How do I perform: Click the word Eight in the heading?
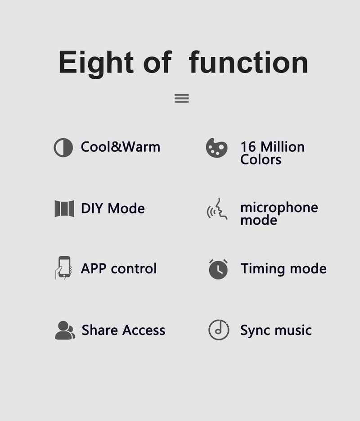tap(96, 63)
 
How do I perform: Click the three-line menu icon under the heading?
tap(182, 98)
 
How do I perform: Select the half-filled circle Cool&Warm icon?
tap(63, 147)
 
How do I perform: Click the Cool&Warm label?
tap(121, 147)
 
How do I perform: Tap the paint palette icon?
tap(216, 148)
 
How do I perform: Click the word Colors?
tap(261, 160)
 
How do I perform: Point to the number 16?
tap(248, 147)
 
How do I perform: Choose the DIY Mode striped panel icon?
tap(64, 208)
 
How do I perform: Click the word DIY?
tap(92, 208)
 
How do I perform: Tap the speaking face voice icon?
tap(217, 209)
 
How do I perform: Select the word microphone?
tap(279, 208)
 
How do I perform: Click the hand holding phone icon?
tap(63, 268)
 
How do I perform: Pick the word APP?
tap(94, 268)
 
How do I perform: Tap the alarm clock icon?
tap(218, 269)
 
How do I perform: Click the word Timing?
tap(263, 269)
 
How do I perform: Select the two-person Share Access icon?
tap(65, 330)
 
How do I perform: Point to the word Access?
tap(144, 330)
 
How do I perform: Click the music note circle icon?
tap(219, 330)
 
